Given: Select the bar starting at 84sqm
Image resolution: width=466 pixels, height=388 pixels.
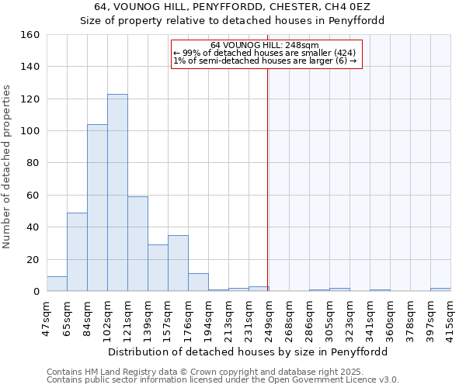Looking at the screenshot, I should click(x=97, y=208).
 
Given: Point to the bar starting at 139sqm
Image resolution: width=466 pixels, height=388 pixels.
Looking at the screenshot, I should click(x=158, y=268).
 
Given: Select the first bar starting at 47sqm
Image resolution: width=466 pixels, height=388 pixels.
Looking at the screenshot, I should click(x=57, y=284).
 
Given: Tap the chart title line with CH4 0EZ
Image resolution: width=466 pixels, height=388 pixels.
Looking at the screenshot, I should click(x=233, y=7).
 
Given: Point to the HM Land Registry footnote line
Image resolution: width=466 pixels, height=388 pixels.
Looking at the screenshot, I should click(x=200, y=372).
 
